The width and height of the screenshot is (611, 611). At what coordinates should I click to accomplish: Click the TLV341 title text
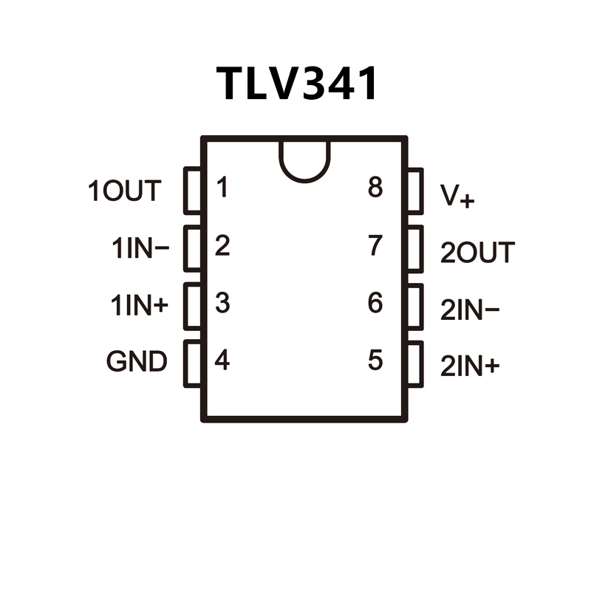(298, 83)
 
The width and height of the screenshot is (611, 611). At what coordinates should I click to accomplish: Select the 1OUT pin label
(124, 191)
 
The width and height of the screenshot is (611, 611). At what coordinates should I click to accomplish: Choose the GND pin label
(137, 363)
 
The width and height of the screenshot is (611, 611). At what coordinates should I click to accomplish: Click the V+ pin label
(457, 196)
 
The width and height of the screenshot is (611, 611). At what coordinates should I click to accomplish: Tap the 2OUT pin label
(477, 253)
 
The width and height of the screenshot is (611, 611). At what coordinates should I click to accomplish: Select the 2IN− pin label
(470, 311)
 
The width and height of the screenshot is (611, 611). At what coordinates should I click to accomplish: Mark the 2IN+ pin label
(470, 367)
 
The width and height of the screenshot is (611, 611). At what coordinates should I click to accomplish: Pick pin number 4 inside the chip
(222, 361)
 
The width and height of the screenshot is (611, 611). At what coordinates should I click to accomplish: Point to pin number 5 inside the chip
(375, 361)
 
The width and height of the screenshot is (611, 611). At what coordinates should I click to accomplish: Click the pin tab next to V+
(414, 191)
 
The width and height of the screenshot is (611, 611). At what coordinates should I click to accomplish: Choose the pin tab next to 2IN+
(414, 363)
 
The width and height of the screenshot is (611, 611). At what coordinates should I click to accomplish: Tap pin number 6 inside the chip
(375, 303)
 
